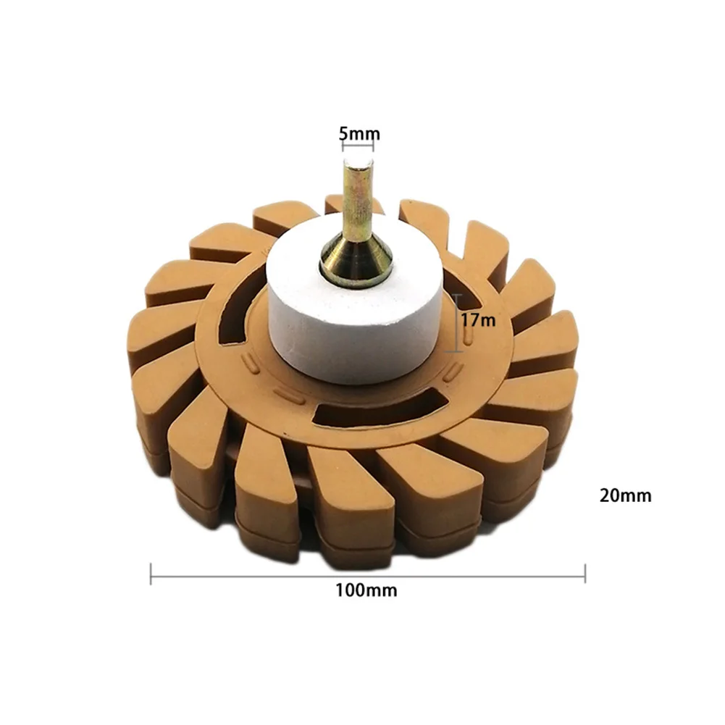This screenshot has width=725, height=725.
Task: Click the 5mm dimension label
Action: pos(359,133)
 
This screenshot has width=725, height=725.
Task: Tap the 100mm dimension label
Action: pos(366,590)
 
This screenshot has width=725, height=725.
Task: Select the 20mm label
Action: pos(625,495)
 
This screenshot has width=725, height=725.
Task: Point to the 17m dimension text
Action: pos(479,319)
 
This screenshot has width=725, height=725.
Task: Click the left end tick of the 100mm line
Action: pos(151,574)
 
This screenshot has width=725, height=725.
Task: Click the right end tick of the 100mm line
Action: pos(585,574)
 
